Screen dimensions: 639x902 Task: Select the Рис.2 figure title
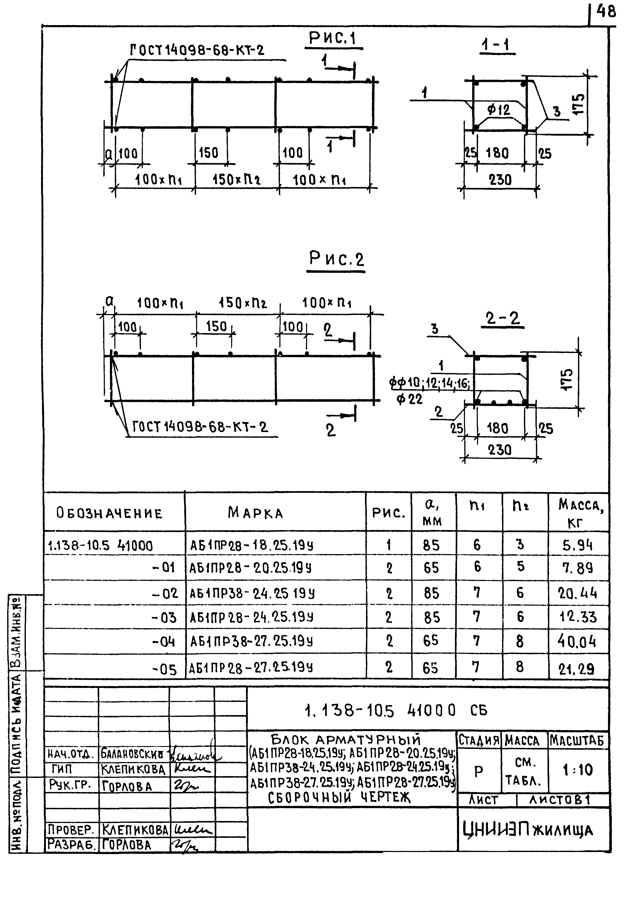[x=337, y=259]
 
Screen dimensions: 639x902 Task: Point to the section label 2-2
[x=502, y=319]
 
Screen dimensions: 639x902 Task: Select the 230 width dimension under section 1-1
[x=500, y=180]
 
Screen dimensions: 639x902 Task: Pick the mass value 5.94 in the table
[x=577, y=545]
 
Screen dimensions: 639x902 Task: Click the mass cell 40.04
[x=577, y=642]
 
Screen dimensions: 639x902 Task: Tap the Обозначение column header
[x=109, y=514]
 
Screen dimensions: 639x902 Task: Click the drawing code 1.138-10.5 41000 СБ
[x=395, y=710]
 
